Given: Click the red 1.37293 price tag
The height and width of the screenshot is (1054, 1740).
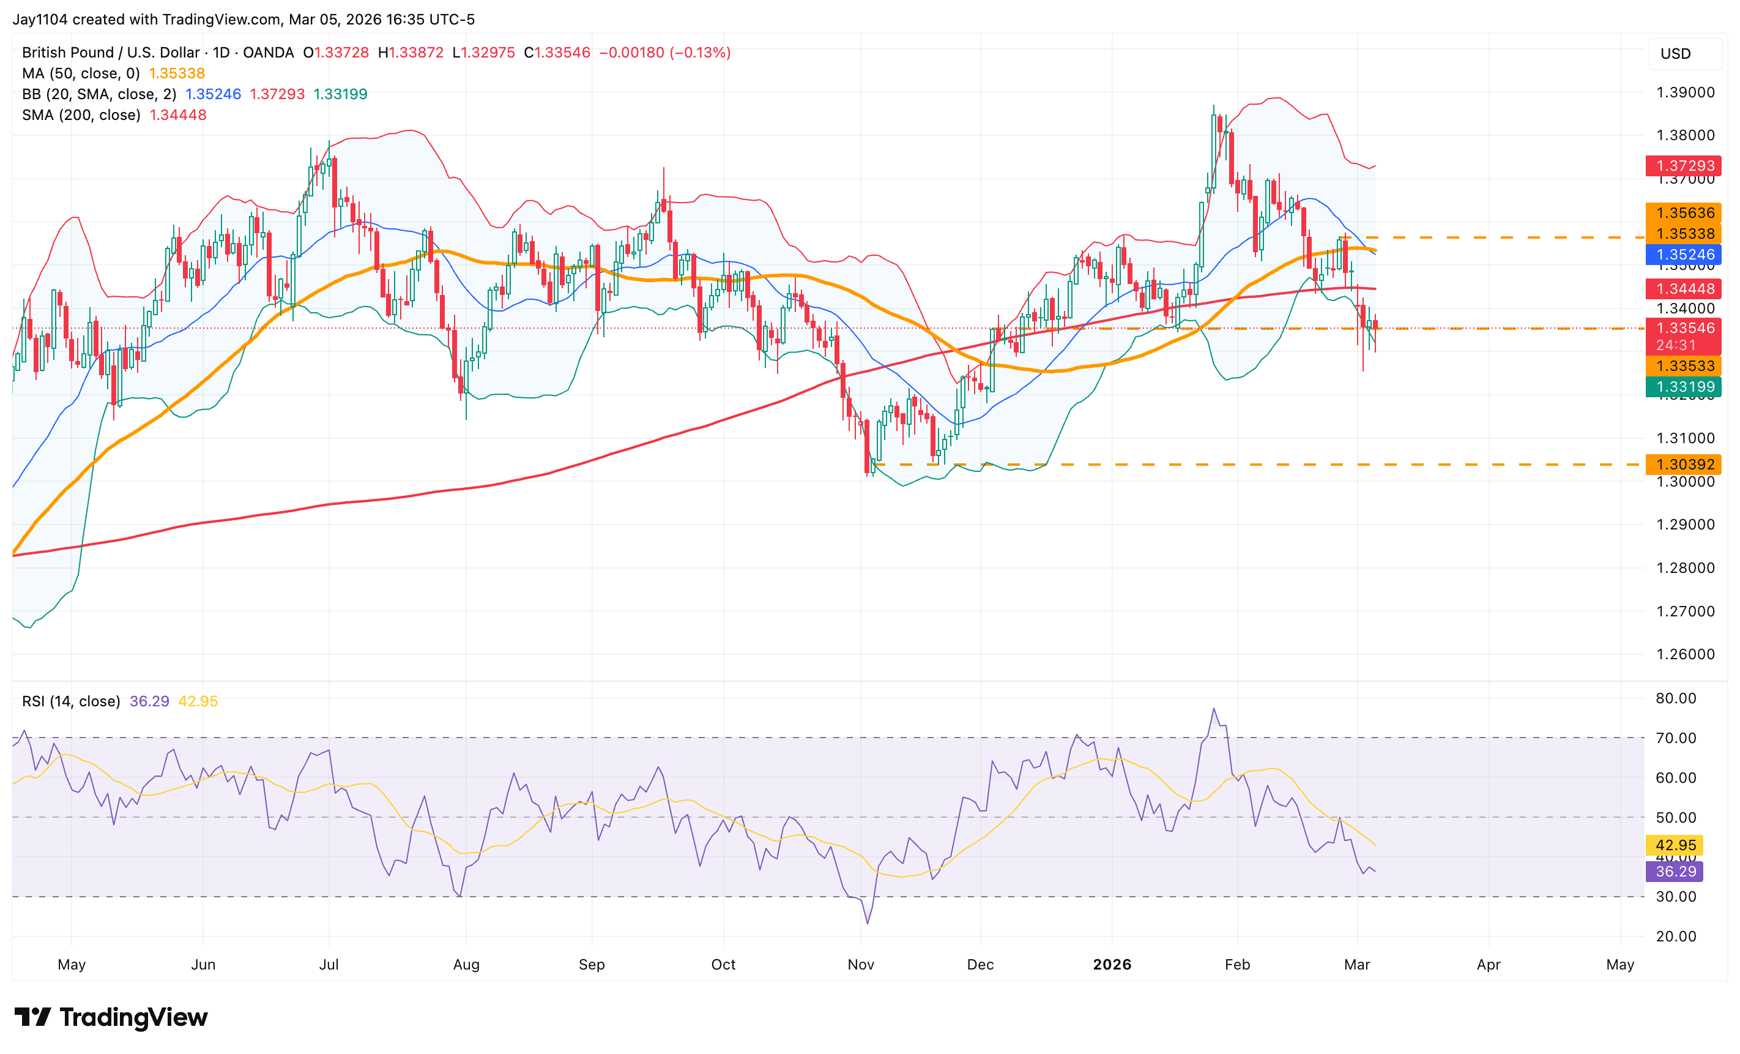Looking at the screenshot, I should [1684, 166].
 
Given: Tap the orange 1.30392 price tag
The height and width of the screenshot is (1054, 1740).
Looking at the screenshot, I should [1684, 465].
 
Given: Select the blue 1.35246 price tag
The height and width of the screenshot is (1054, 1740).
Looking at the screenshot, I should [1684, 254].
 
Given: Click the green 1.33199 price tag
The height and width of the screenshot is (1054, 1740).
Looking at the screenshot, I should [1684, 386].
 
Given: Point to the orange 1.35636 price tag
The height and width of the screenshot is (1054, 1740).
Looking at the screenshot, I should [1684, 212].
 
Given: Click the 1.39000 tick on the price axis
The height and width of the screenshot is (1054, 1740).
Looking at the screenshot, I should [1685, 92].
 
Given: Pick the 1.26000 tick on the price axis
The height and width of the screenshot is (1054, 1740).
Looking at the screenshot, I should [1685, 654].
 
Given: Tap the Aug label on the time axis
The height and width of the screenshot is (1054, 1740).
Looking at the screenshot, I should [466, 964].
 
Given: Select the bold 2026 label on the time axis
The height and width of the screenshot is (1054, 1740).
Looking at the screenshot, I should [1112, 964].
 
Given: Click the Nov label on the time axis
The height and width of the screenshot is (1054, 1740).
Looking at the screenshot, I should [861, 964].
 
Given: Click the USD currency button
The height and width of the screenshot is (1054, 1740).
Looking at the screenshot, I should [1675, 54].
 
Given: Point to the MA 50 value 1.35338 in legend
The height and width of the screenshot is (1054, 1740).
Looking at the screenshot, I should [177, 73].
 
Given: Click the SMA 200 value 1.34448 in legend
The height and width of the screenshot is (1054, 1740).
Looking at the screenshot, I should [178, 115].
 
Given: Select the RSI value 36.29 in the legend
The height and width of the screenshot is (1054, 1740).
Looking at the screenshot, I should [149, 701].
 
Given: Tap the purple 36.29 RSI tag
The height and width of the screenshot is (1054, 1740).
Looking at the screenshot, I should [1675, 872].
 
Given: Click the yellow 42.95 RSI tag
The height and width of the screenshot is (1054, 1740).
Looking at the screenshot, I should [1675, 846].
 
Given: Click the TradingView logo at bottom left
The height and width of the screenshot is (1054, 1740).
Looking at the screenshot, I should [111, 1017].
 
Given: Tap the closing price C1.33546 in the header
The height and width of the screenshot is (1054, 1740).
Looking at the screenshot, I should [557, 53].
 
